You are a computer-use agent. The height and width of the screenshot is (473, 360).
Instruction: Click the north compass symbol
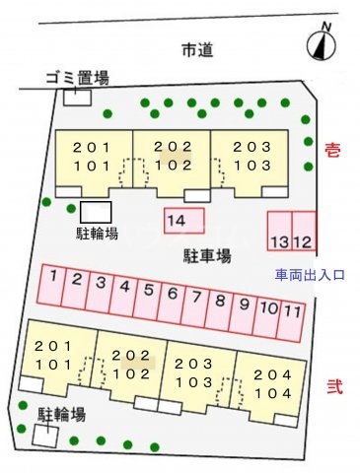(x=319, y=43)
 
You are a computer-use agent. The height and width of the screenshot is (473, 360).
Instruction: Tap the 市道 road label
(x=197, y=49)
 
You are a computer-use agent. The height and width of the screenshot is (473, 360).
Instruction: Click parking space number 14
(x=182, y=221)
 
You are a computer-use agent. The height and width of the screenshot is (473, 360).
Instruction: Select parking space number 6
(x=172, y=293)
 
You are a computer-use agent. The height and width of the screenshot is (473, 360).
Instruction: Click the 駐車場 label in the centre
(x=207, y=256)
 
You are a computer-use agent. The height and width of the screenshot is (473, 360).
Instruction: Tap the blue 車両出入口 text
(x=310, y=277)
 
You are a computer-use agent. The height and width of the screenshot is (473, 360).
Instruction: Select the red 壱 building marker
(x=332, y=149)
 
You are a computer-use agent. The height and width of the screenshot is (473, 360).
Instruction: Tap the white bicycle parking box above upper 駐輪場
(x=96, y=212)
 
